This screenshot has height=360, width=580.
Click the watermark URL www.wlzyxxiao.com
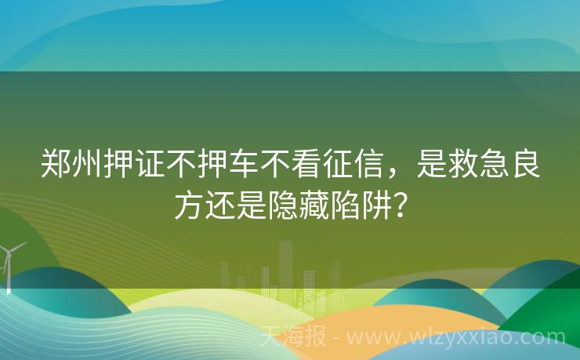(455, 338)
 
